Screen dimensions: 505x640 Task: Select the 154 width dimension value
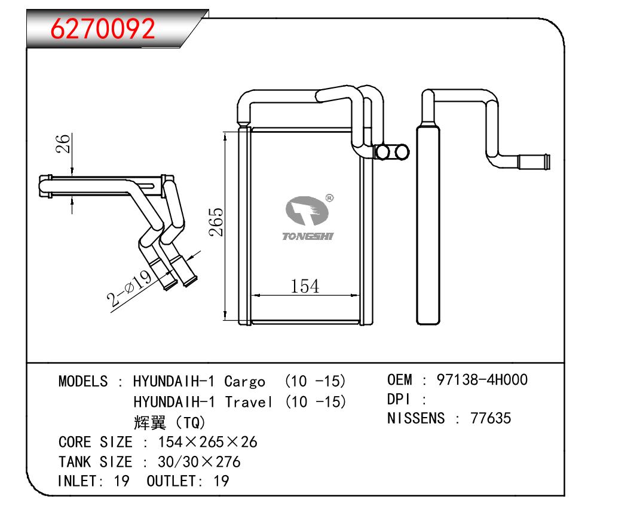[x=305, y=287]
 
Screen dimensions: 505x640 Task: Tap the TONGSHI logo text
[x=308, y=236]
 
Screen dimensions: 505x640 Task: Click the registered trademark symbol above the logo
[x=329, y=197]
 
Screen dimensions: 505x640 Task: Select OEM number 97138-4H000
[x=483, y=379]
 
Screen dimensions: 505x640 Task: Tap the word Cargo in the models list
[x=245, y=381]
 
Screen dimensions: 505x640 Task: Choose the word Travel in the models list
[x=249, y=401]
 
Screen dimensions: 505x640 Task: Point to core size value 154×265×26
[x=207, y=442]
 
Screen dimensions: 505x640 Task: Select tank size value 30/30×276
[x=199, y=462]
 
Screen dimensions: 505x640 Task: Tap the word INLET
[x=76, y=481]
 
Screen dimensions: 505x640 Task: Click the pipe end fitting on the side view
[x=533, y=161]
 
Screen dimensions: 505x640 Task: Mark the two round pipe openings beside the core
[x=393, y=153]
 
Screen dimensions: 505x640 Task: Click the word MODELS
[x=83, y=381]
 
